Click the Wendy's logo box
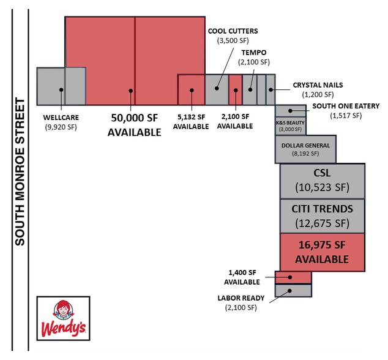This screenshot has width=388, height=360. [x=64, y=318]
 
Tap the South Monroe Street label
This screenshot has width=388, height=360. [x=20, y=172]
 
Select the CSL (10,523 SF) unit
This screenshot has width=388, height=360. [x=323, y=181]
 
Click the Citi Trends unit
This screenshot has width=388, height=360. [x=323, y=216]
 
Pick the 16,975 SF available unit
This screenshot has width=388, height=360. [x=323, y=252]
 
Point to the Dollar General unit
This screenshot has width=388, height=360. [x=305, y=149]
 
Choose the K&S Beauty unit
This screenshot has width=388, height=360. [x=291, y=126]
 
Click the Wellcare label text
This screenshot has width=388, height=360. [x=61, y=118]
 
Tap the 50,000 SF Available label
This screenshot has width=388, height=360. [x=135, y=125]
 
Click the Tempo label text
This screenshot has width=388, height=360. [x=254, y=53]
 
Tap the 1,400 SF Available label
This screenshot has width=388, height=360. [x=242, y=277]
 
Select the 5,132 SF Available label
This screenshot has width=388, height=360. [x=191, y=122]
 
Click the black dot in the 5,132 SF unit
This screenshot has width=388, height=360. [x=192, y=91]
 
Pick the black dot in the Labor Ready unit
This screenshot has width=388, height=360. [x=289, y=291]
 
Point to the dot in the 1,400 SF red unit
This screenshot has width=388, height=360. [x=290, y=277]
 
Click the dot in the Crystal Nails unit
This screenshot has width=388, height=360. [x=270, y=89]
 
